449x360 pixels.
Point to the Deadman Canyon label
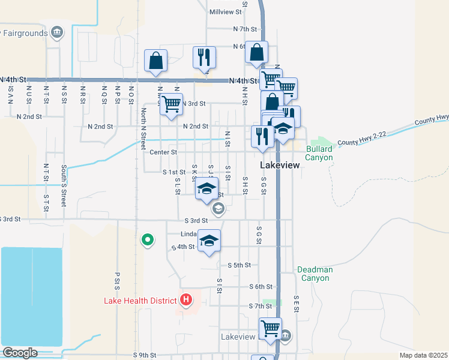pyautogui.click(x=315, y=274)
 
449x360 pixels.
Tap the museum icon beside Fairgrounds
pyautogui.click(x=57, y=32)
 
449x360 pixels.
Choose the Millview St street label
pyautogui.click(x=226, y=11)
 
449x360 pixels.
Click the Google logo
pyautogui.click(x=20, y=353)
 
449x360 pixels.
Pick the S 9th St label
pyautogui.click(x=145, y=355)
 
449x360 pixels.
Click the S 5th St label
pyautogui.click(x=239, y=265)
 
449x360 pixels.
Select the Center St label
pyautogui.click(x=163, y=152)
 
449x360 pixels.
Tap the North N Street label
pyautogui.click(x=143, y=129)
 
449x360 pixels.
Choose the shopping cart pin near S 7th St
pyautogui.click(x=270, y=328)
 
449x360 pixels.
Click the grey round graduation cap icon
pyautogui.click(x=218, y=208)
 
